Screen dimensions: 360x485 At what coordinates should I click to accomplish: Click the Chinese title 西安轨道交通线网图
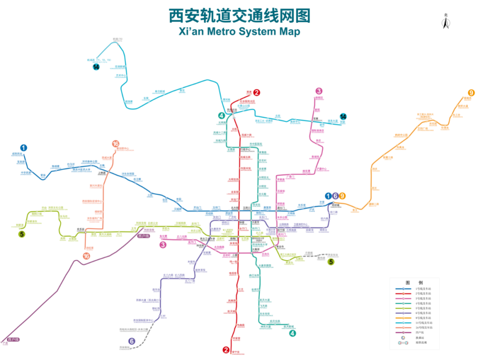tap(240, 16)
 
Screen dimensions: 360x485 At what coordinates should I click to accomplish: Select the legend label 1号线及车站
tap(423, 289)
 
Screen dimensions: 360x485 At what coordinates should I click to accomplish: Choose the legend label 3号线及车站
tap(423, 298)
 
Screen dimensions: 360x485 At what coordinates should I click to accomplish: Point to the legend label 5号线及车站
tap(423, 308)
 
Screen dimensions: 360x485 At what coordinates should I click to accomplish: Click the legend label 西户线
tap(419, 333)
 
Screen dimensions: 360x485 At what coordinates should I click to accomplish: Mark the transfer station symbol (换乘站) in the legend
tap(403, 338)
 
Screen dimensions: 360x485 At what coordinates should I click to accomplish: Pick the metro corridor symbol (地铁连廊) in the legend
tap(403, 343)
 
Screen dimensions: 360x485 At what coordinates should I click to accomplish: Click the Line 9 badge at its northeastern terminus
tap(471, 93)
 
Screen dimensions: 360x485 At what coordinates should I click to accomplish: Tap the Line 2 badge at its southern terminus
tap(226, 350)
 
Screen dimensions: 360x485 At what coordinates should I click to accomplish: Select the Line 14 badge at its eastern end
tap(343, 116)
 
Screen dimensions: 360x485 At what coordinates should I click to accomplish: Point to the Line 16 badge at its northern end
tap(115, 144)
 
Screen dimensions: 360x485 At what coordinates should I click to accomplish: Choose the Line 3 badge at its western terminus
tap(163, 244)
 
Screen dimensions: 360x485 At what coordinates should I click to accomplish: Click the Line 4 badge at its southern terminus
tap(292, 333)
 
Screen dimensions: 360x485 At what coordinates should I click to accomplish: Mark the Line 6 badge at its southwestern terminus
tap(132, 341)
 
